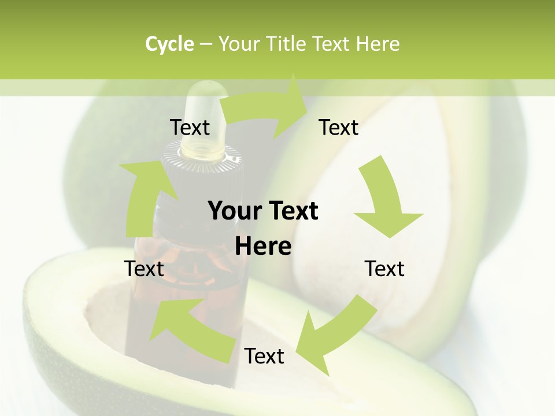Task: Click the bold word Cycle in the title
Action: tap(169, 44)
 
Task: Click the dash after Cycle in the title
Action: tap(205, 44)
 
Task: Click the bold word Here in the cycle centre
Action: tap(263, 246)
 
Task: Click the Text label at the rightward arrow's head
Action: tap(339, 127)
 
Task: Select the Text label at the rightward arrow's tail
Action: tap(190, 127)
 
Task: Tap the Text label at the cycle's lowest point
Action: tap(264, 356)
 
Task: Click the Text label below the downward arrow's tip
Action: tap(384, 269)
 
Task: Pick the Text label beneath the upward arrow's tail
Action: tap(144, 269)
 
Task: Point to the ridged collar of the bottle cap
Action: tap(202, 159)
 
